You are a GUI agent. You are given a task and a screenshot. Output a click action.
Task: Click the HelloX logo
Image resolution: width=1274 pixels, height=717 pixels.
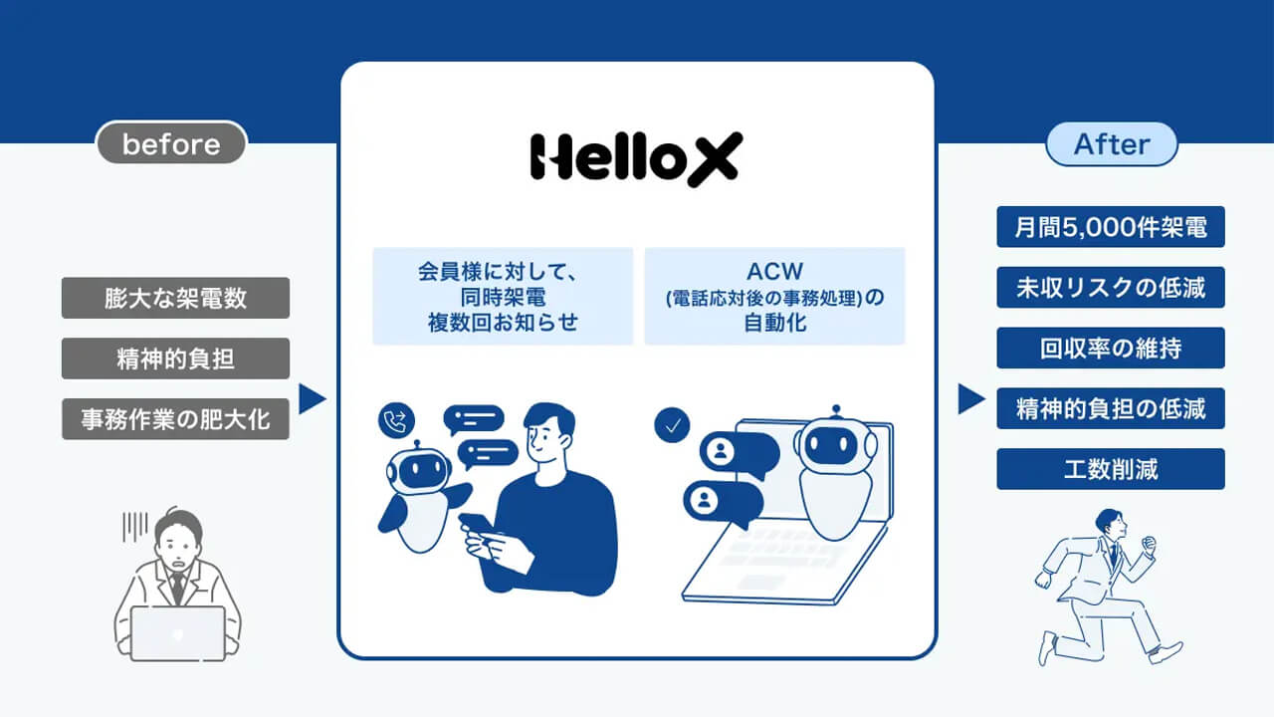click(635, 158)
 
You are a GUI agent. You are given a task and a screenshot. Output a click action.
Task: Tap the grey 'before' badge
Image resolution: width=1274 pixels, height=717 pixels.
click(171, 144)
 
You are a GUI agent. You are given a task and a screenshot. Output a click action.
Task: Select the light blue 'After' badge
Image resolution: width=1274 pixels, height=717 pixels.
click(1111, 144)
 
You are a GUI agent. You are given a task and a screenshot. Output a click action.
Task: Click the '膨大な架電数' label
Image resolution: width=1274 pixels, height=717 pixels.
click(175, 298)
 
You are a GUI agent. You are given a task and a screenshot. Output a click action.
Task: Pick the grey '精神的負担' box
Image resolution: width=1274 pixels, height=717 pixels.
click(175, 358)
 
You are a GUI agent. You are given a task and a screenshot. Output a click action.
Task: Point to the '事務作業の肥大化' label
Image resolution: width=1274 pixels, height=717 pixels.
click(175, 419)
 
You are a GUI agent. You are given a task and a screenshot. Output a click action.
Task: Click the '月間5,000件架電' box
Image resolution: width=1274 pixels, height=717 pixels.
click(1110, 227)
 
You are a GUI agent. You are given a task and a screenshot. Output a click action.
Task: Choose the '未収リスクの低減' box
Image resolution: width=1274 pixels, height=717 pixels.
click(1110, 288)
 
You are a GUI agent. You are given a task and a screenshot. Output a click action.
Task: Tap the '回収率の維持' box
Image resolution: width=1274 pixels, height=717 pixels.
click(1110, 349)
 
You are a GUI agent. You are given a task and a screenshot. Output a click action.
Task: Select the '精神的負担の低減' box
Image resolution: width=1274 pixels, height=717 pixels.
click(1110, 408)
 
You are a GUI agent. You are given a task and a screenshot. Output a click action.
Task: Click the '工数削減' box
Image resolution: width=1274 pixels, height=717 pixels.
click(1110, 469)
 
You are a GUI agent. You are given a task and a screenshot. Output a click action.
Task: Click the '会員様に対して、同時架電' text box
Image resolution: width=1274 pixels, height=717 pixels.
click(503, 296)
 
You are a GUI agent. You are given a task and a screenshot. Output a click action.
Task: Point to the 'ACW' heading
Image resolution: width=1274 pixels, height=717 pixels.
click(774, 272)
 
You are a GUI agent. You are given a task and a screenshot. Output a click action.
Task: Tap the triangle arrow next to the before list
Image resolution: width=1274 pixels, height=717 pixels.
click(312, 399)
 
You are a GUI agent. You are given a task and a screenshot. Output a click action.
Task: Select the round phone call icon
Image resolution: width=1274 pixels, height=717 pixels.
click(397, 422)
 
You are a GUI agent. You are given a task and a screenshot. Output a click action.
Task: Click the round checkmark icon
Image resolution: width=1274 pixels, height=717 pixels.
click(672, 425)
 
